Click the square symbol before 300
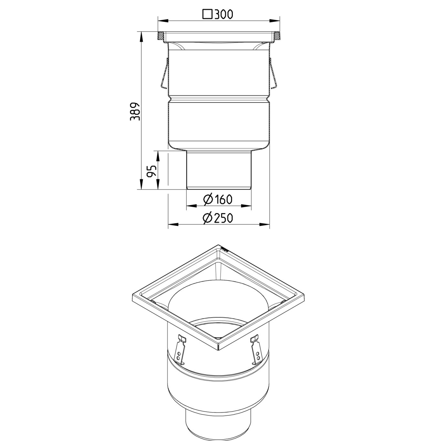[x=207, y=15]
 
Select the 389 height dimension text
[x=135, y=111]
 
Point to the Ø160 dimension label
[x=218, y=200]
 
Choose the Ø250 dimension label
[x=218, y=218]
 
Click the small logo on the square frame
[x=225, y=249]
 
